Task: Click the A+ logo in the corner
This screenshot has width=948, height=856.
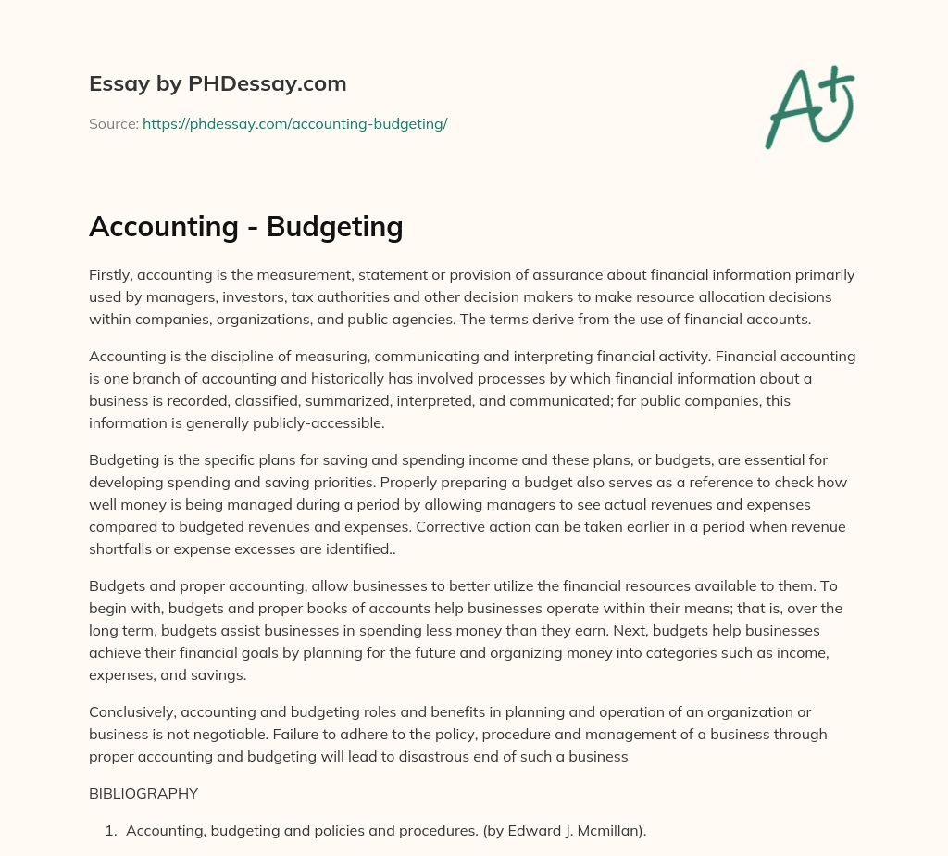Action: pos(808,109)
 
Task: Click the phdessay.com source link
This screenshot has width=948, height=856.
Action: pos(294,123)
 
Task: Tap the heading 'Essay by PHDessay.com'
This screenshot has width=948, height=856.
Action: pos(218,83)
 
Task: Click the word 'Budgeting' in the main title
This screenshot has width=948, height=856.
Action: pos(334,226)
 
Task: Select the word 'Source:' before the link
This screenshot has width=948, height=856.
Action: pos(114,123)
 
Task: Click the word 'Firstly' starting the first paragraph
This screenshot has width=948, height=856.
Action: pos(110,275)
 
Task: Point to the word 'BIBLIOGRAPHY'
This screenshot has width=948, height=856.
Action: pos(143,793)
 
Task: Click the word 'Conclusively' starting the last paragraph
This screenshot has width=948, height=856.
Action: pos(131,712)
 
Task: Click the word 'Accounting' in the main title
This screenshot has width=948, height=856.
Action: pos(163,226)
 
